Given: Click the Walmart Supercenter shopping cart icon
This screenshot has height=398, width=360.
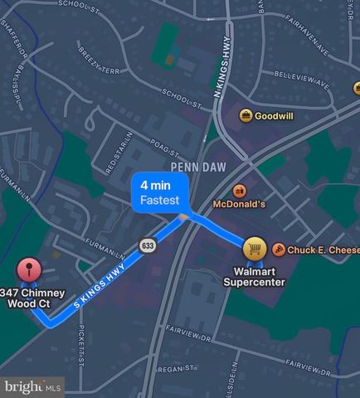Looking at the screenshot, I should (x=255, y=249).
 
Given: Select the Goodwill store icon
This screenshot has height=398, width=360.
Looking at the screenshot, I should (x=246, y=115).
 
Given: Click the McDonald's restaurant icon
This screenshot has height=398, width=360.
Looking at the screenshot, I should (x=240, y=190).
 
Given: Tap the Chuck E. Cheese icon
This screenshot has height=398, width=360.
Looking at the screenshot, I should (x=280, y=250).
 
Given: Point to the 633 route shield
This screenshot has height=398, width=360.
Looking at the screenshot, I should (x=148, y=245).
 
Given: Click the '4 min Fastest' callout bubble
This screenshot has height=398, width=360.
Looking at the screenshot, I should (x=160, y=192).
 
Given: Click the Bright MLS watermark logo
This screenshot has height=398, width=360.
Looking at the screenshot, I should (x=32, y=386).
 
